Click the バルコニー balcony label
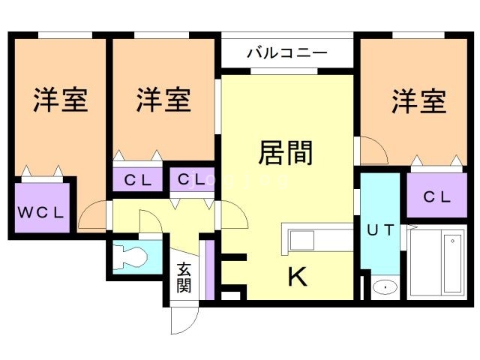287,53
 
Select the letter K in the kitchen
298,277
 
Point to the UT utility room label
379,230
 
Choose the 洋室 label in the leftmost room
60,100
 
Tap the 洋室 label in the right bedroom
418,101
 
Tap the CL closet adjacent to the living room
192,180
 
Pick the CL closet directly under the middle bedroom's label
139,180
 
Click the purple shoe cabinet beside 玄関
211,267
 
